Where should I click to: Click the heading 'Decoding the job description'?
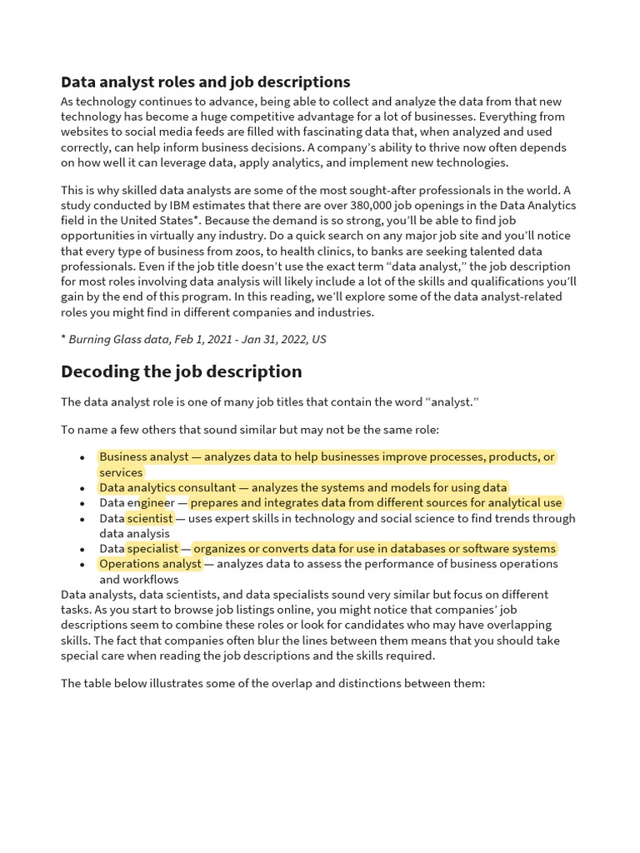click(181, 372)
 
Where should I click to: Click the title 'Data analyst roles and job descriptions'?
click(205, 82)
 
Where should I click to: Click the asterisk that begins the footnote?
click(63, 337)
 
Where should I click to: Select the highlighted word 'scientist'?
click(150, 518)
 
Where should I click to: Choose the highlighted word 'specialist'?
click(152, 548)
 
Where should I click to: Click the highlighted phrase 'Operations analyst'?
click(150, 564)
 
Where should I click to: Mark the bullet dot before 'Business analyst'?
click(82, 457)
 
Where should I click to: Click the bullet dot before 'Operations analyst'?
click(82, 565)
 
